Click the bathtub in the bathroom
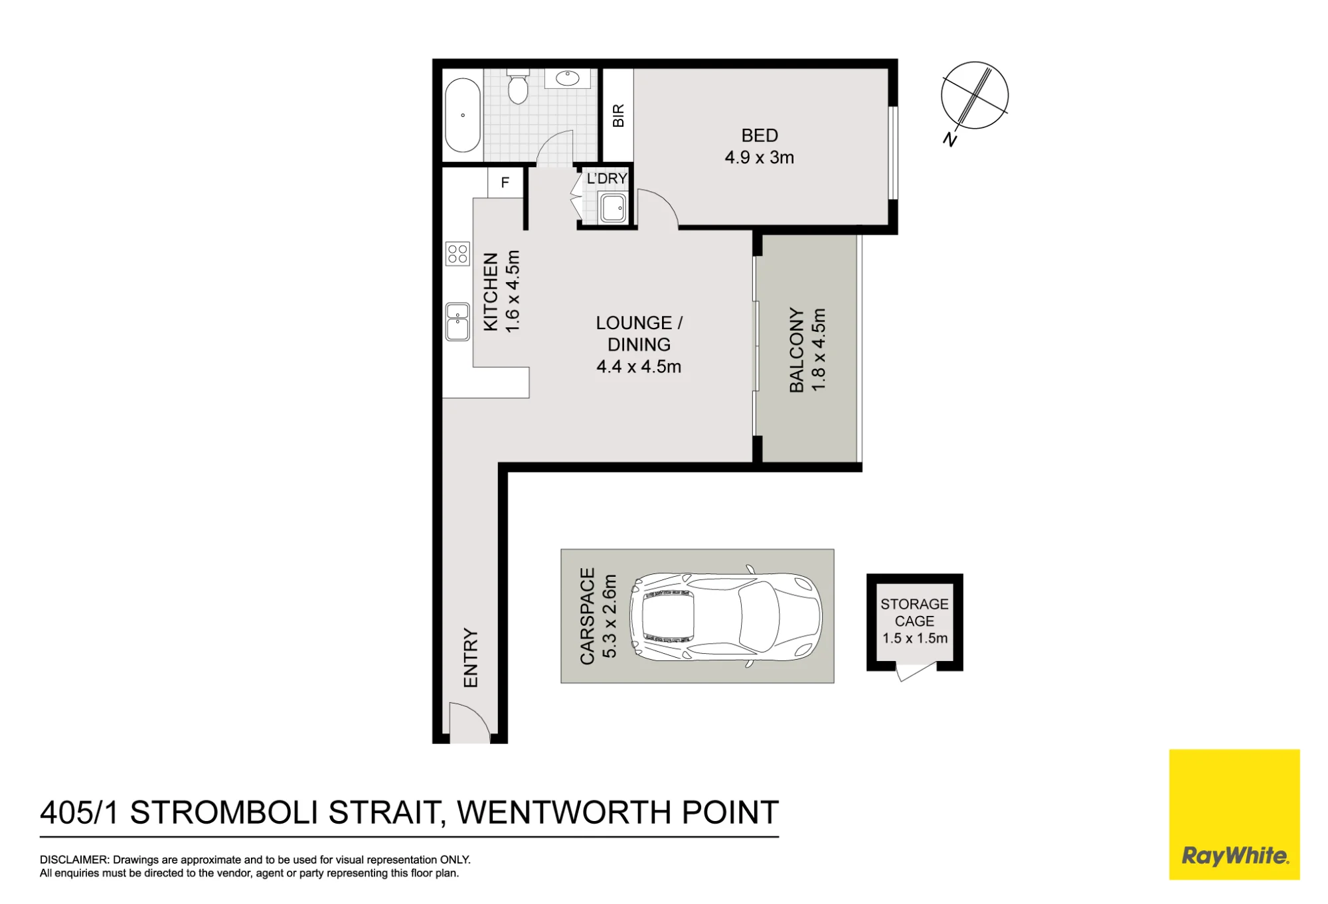pyautogui.click(x=462, y=115)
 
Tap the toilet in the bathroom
pyautogui.click(x=517, y=86)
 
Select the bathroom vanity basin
pyautogui.click(x=567, y=78)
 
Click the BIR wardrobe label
pyautogui.click(x=618, y=115)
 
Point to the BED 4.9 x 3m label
pyautogui.click(x=759, y=147)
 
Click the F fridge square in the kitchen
pyautogui.click(x=505, y=183)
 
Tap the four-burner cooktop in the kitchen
pyautogui.click(x=457, y=254)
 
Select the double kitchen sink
pyautogui.click(x=457, y=322)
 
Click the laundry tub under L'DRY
pyautogui.click(x=612, y=208)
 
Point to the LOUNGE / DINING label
pyautogui.click(x=639, y=333)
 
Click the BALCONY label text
pyautogui.click(x=797, y=350)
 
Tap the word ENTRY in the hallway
pyautogui.click(x=471, y=658)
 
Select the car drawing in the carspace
pyautogui.click(x=726, y=617)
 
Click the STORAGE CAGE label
pyautogui.click(x=914, y=613)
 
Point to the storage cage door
pyautogui.click(x=915, y=672)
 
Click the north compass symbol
pyautogui.click(x=974, y=96)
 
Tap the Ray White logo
pyautogui.click(x=1234, y=814)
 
